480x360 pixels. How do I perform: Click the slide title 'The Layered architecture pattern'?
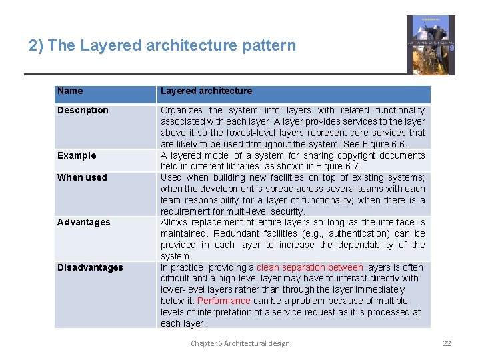162,46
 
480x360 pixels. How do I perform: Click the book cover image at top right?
431,45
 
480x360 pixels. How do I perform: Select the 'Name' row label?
70,91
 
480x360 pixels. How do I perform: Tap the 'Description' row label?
83,111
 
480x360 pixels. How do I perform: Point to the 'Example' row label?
77,156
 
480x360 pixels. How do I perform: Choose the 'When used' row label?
82,178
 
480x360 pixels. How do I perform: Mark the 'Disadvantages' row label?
90,268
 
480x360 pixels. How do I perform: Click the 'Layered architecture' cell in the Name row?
206,91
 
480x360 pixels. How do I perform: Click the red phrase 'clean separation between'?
309,267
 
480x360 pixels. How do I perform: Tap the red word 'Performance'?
224,301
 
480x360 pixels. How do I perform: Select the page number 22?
447,343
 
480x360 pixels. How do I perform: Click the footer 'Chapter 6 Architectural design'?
240,343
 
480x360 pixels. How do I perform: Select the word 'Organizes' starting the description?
181,110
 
